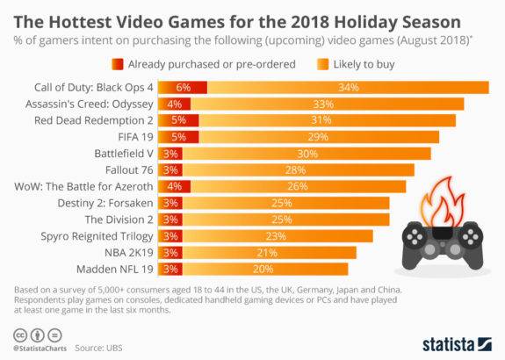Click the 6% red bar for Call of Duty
184,88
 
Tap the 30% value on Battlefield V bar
307,153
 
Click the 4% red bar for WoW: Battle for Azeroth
174,186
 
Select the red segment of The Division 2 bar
171,220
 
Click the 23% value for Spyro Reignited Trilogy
277,236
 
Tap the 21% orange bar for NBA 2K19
268,252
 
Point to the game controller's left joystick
416,234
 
